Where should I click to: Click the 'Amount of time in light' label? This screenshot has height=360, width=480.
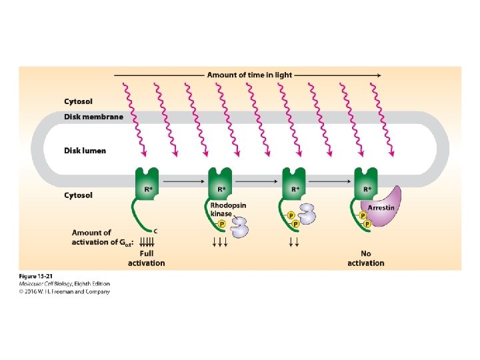[x=249, y=75]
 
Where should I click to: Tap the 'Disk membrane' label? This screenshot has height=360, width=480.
[x=93, y=117]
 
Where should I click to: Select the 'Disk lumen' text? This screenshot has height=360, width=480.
[x=85, y=151]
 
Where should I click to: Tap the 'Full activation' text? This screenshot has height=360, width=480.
[x=147, y=259]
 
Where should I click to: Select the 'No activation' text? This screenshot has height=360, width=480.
[x=366, y=259]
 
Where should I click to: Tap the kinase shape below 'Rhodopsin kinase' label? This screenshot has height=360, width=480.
[x=239, y=227]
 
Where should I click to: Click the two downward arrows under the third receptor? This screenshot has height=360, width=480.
[x=293, y=242]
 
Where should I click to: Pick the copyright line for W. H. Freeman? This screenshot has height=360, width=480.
[x=65, y=291]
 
